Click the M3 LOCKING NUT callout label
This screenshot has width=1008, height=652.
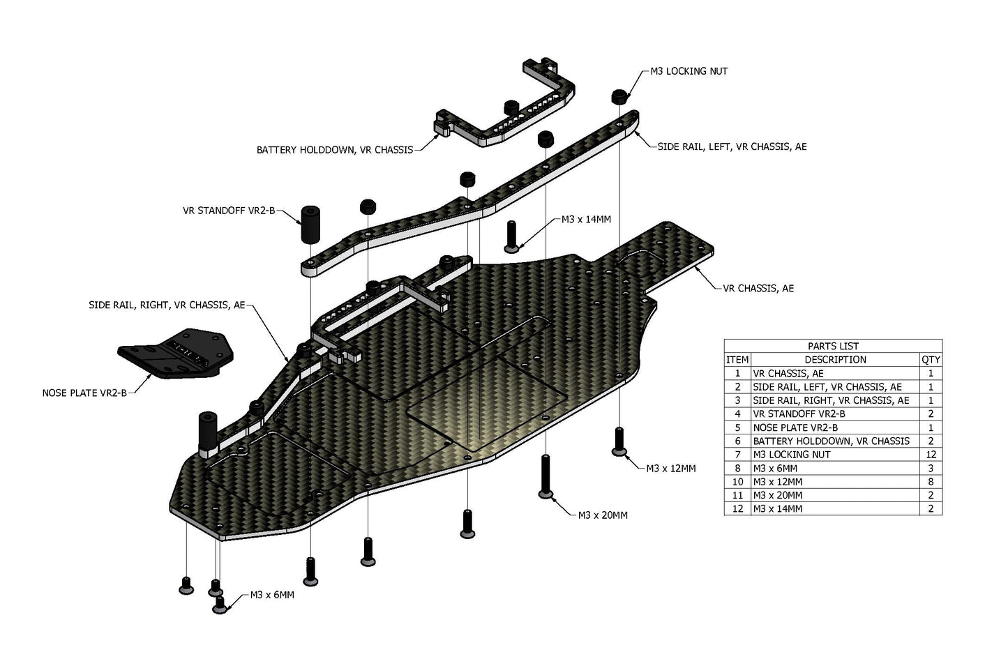(689, 71)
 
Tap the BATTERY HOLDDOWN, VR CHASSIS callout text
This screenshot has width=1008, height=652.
(335, 150)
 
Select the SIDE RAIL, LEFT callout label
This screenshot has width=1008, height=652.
(732, 146)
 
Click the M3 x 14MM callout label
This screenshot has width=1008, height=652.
(586, 220)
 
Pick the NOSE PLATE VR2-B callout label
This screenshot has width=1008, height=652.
(84, 393)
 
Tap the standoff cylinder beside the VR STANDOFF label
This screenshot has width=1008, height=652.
(311, 224)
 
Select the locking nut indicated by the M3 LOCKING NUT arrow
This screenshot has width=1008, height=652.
(618, 96)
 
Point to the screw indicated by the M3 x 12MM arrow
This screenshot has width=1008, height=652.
(619, 442)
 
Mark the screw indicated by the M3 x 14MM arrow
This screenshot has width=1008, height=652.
(511, 236)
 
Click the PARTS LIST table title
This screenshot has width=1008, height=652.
(833, 346)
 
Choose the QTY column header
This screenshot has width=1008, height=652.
(931, 360)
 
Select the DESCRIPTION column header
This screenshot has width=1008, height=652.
(835, 360)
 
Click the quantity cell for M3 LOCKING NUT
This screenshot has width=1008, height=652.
(931, 455)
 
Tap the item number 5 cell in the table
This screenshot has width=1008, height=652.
(737, 427)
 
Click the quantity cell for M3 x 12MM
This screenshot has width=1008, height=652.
(931, 482)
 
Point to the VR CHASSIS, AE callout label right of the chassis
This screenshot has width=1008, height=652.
(758, 288)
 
